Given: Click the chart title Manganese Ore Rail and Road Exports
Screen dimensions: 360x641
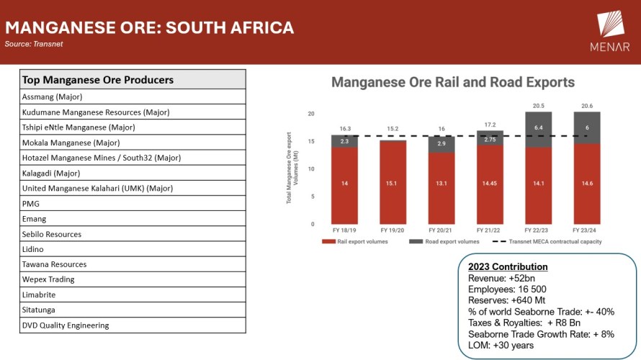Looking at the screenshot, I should (453, 83).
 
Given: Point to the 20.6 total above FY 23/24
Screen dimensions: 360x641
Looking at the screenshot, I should (587, 105).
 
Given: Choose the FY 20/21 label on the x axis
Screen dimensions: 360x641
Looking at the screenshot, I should (441, 230).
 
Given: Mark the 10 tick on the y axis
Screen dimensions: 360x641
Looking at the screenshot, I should (311, 169).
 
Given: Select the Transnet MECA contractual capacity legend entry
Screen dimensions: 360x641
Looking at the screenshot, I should (551, 242).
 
